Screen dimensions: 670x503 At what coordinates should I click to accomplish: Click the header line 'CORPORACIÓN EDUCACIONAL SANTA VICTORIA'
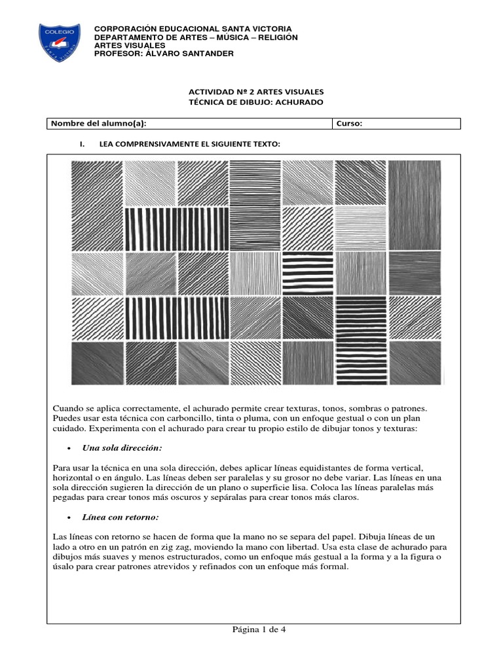point(193,29)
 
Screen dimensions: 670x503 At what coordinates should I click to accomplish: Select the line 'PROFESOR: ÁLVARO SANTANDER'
point(164,54)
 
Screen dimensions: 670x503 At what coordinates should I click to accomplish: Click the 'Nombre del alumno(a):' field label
point(99,124)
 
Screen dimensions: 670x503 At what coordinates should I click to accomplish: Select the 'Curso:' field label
point(350,124)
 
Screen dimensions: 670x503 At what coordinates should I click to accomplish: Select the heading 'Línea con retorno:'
point(121,518)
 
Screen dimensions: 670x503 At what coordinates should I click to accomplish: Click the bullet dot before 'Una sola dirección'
point(69,449)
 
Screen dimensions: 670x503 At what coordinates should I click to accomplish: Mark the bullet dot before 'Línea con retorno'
point(69,518)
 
